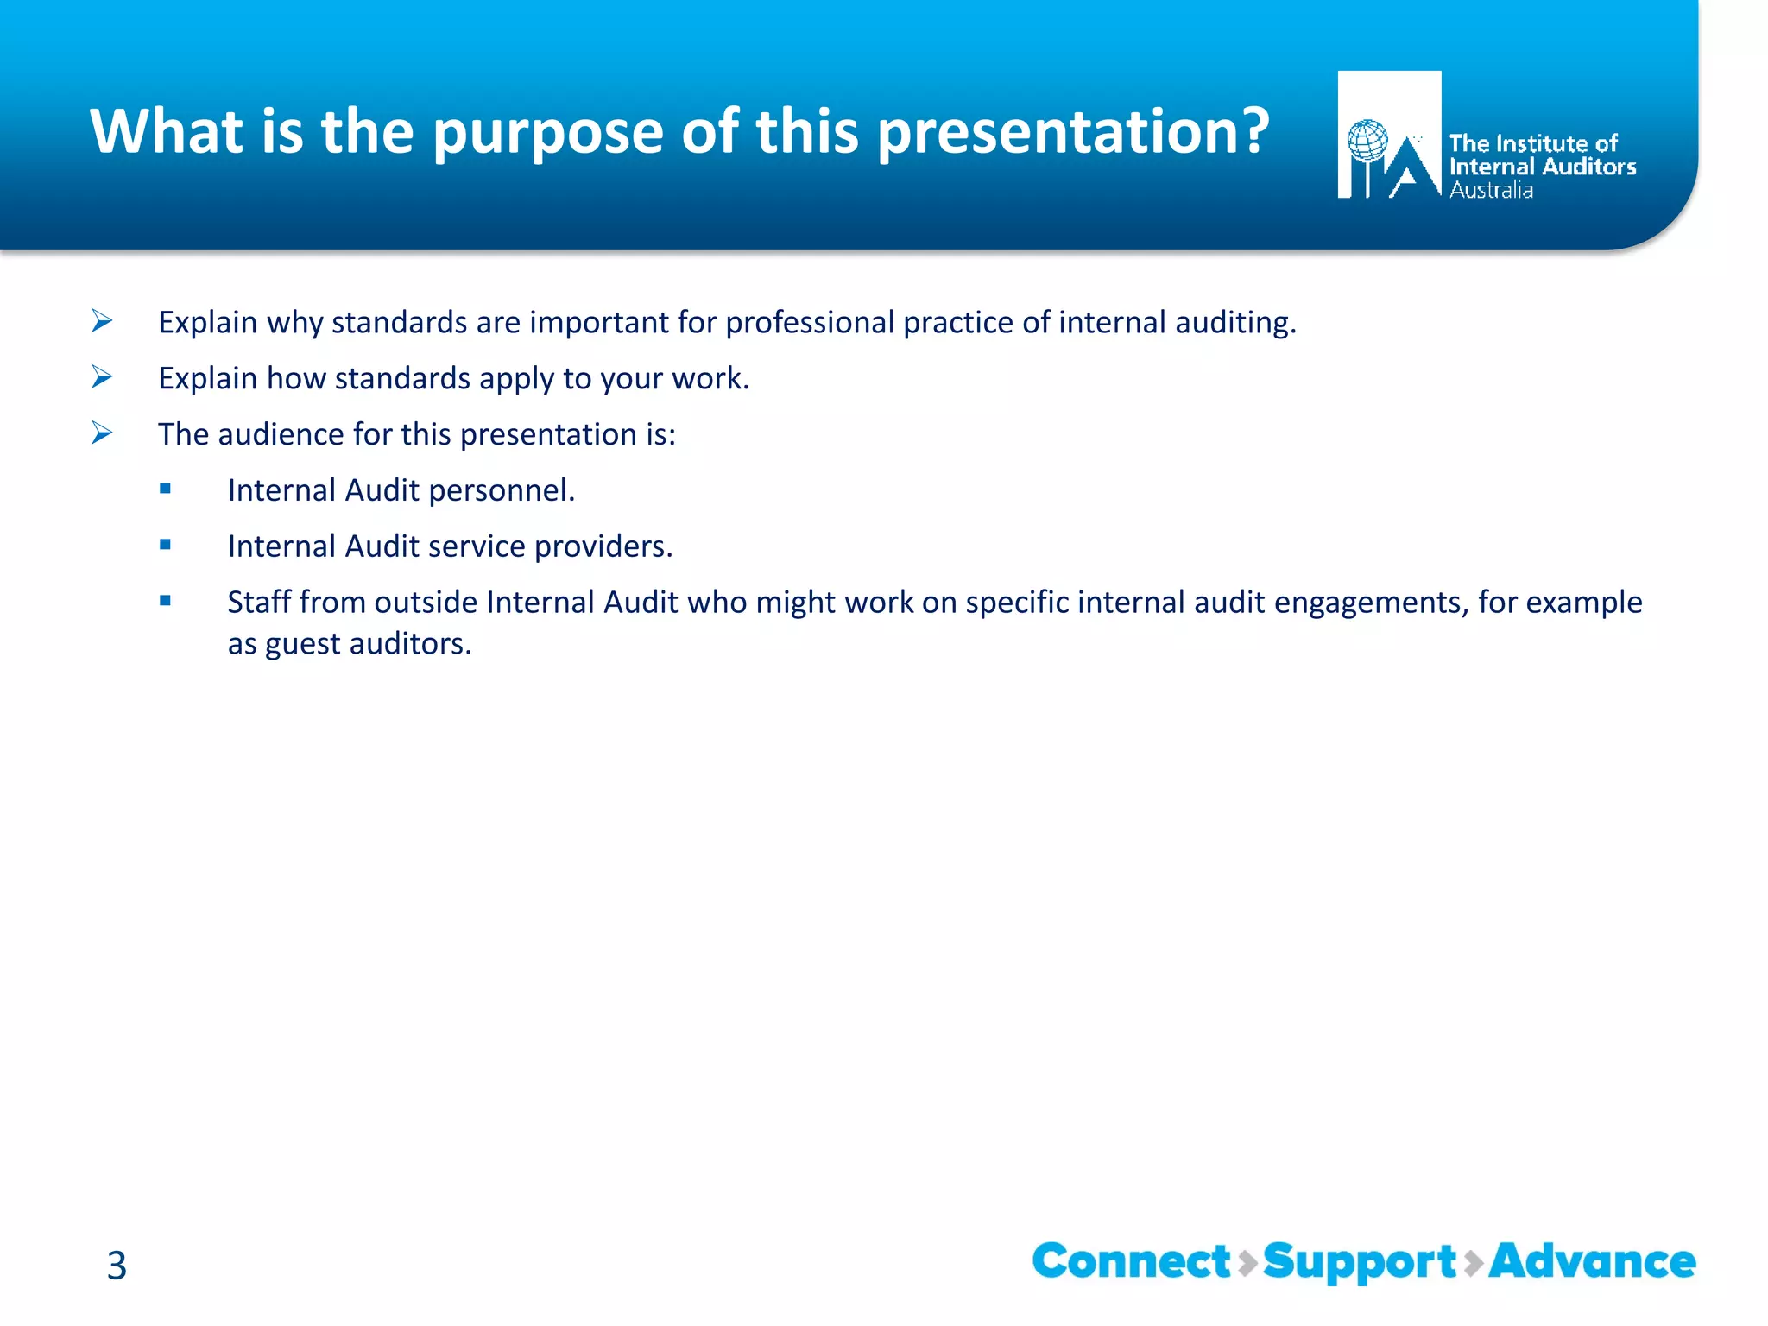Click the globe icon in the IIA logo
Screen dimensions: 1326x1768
coord(1367,141)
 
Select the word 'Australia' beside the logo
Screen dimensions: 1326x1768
coord(1491,191)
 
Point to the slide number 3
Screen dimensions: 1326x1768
coord(117,1266)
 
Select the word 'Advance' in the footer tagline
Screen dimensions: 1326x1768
coord(1592,1262)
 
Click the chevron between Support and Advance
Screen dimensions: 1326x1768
coord(1474,1263)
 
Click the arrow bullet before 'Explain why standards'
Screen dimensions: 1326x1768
coord(102,321)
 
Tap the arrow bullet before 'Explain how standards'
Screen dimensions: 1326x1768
coord(102,377)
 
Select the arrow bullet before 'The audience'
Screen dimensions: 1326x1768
coord(102,433)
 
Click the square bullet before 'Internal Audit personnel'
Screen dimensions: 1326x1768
coord(165,489)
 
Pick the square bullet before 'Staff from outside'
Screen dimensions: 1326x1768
coord(165,601)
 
